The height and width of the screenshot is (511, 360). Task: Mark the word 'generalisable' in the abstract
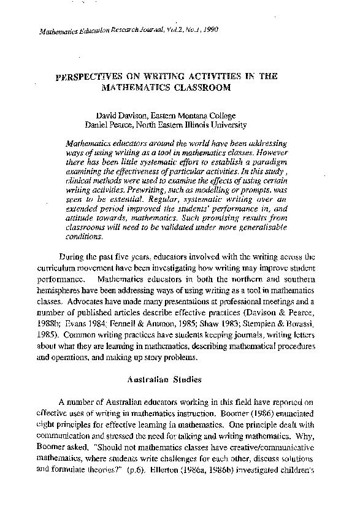254,229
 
